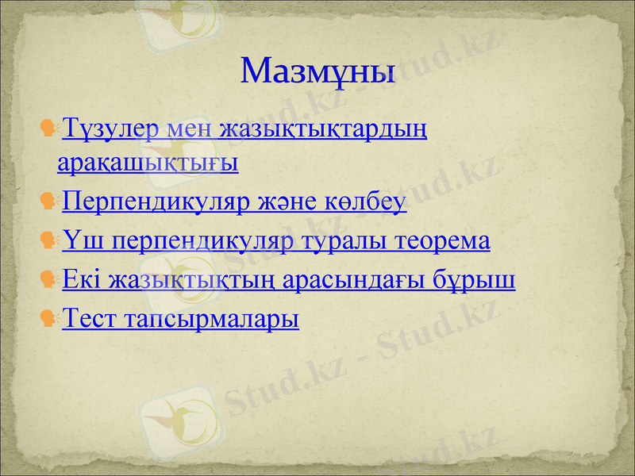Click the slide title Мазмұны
pos(317,71)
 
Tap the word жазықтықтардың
pos(322,129)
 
